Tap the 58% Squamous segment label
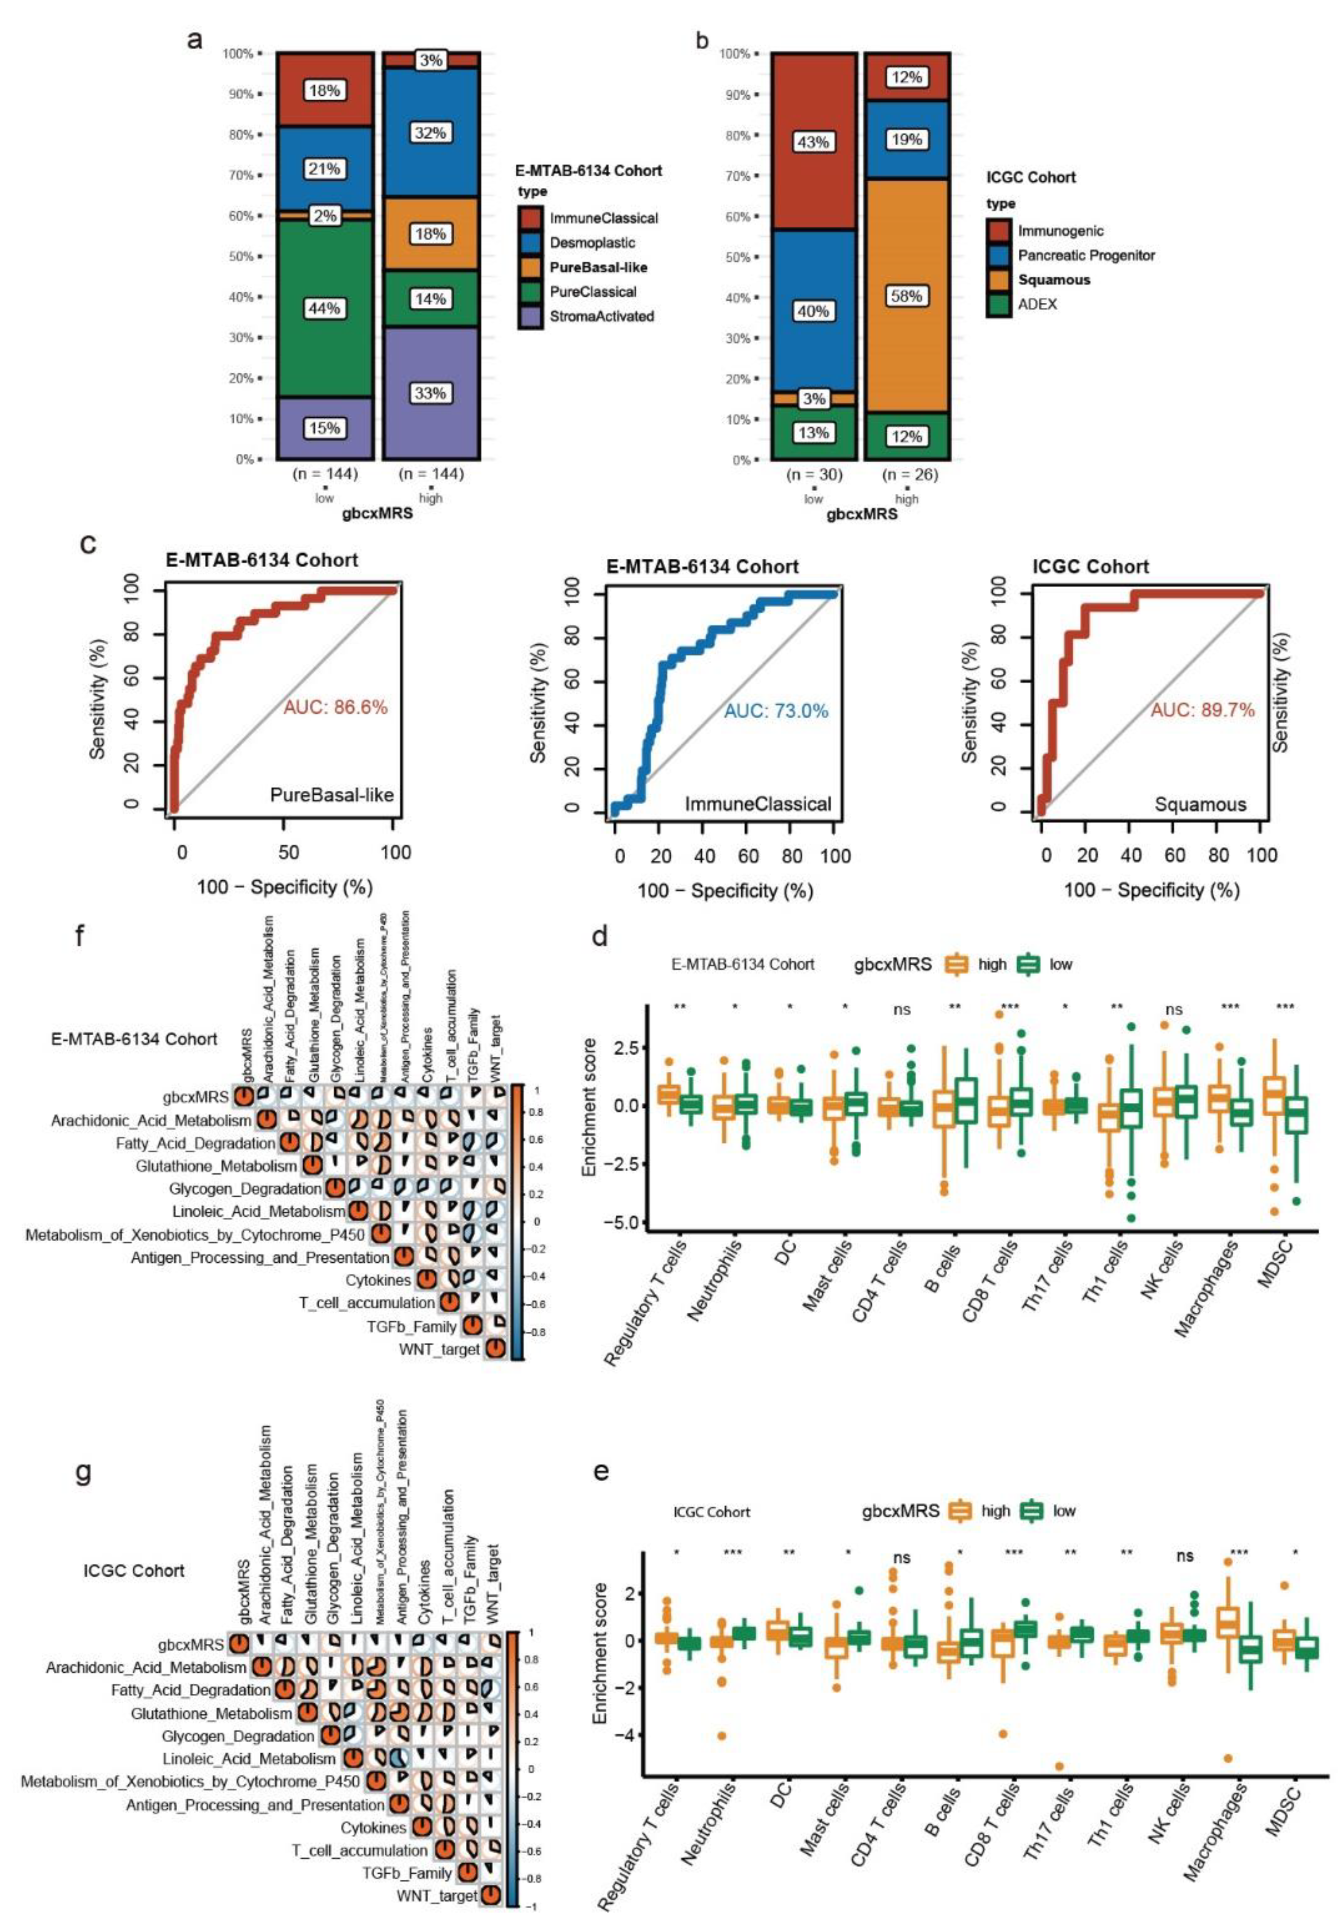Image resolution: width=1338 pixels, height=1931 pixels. (x=906, y=296)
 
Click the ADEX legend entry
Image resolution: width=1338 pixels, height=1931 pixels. (x=1037, y=304)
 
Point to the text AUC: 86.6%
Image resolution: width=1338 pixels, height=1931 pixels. (x=335, y=707)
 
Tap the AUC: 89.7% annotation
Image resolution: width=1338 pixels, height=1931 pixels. (x=1202, y=711)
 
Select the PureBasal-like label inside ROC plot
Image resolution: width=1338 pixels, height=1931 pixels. (x=332, y=795)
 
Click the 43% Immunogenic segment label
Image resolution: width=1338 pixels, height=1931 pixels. (x=813, y=142)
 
